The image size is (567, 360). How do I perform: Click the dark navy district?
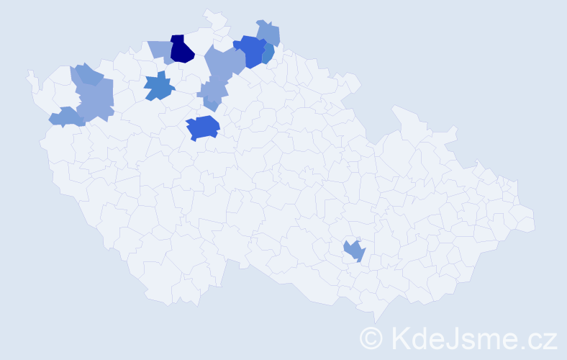[x=182, y=49]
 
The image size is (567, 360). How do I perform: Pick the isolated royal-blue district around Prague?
[x=202, y=127]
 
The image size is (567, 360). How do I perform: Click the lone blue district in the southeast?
[x=354, y=250]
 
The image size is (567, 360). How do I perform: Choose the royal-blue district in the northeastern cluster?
[x=250, y=51]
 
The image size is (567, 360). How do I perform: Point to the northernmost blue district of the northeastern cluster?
[x=268, y=32]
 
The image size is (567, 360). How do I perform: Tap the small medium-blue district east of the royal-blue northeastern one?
[x=268, y=55]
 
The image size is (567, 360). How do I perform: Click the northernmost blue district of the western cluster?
[x=86, y=73]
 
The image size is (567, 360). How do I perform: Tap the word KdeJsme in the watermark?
[x=446, y=337]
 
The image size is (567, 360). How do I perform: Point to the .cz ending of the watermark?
[x=536, y=337]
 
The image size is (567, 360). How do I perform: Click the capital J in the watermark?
[x=441, y=337]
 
